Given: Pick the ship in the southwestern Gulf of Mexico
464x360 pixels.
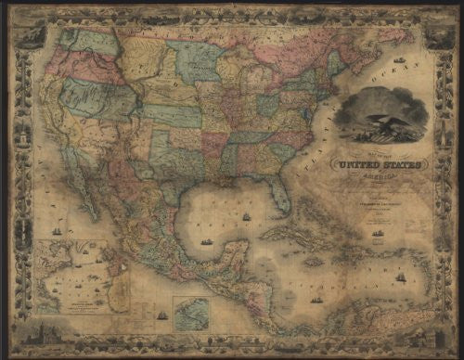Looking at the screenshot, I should pos(205,242).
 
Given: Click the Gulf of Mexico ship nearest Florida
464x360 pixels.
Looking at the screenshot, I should pos(247,216).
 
